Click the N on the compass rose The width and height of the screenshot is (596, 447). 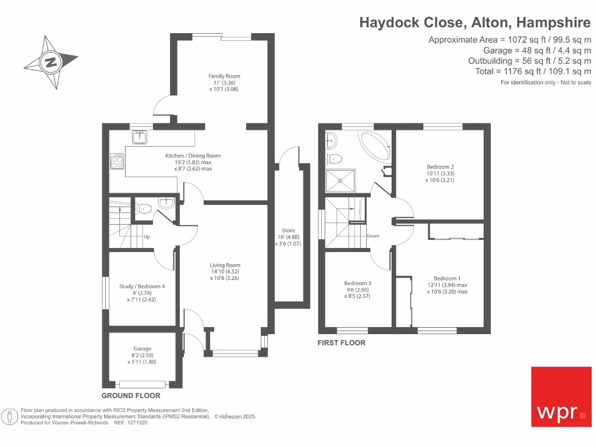tap(51, 62)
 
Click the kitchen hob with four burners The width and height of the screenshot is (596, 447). tap(117, 161)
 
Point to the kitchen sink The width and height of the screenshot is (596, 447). tap(140, 137)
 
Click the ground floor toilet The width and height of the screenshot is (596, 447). tap(143, 209)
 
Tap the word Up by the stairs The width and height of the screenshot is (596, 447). tap(147, 236)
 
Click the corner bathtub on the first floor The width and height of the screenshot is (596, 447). tap(374, 147)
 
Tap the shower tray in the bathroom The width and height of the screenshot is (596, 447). tap(340, 181)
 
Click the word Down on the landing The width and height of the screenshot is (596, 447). tap(373, 236)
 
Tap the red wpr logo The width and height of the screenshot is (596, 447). tap(562, 397)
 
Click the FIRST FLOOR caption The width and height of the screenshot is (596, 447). tap(341, 343)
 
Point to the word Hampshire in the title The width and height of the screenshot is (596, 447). tap(554, 23)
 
